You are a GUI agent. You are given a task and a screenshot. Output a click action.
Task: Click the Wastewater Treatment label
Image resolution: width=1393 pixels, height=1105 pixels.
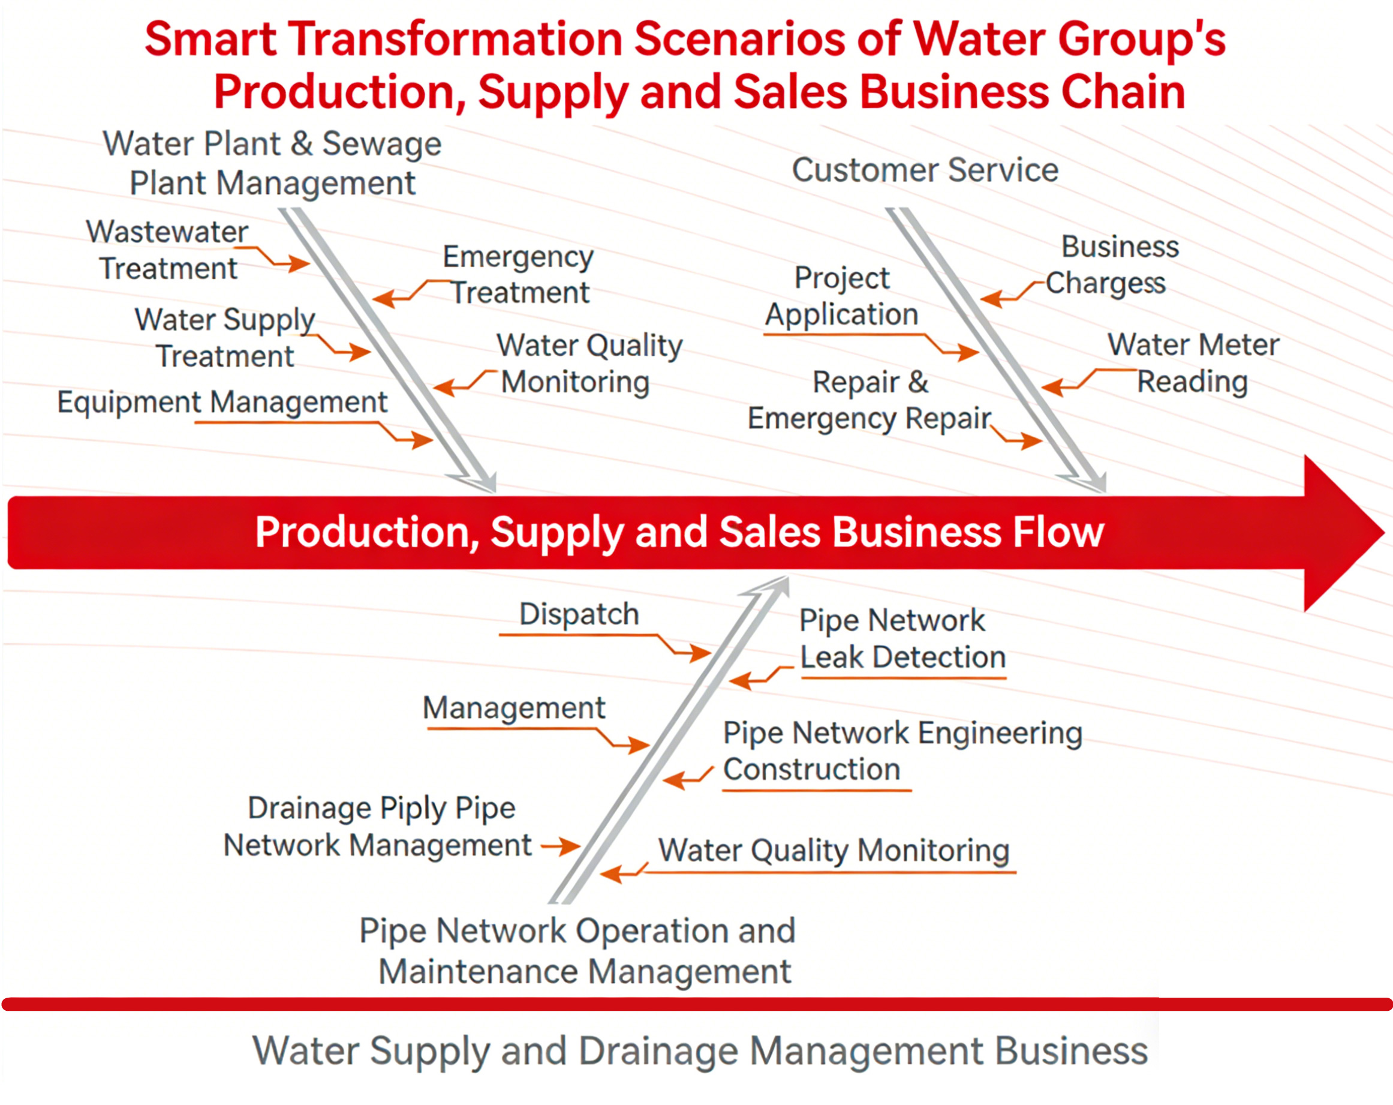click(x=167, y=250)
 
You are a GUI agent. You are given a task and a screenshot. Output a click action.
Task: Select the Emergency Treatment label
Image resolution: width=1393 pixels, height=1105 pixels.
click(x=519, y=275)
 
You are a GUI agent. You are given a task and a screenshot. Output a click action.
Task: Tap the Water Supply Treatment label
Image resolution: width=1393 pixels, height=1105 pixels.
click(x=225, y=338)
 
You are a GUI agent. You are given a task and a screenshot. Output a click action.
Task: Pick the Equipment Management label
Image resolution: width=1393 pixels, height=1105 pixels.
click(x=222, y=403)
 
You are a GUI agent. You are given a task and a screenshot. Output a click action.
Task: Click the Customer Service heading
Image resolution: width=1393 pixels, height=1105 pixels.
click(x=925, y=170)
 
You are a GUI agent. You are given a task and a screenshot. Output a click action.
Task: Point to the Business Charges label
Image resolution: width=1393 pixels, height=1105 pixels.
click(x=1112, y=265)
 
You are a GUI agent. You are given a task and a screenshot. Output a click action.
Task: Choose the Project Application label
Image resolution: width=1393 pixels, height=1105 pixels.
click(x=842, y=296)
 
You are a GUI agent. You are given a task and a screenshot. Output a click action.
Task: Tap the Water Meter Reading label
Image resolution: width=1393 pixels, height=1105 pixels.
click(x=1193, y=363)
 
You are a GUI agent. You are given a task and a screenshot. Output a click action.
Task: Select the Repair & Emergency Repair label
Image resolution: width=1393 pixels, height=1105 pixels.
click(x=870, y=400)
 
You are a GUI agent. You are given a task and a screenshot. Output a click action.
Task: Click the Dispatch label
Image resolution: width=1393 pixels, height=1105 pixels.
click(x=579, y=614)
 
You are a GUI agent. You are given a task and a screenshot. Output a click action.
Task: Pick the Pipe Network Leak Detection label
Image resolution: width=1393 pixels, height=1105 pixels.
click(x=902, y=639)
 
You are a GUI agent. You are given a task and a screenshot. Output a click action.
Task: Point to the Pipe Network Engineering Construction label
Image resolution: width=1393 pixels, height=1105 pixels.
click(x=902, y=751)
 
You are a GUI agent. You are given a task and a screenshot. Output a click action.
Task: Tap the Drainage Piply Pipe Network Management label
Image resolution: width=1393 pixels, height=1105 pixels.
click(x=378, y=827)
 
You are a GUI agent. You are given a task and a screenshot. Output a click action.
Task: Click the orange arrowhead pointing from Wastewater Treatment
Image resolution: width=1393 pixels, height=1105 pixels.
click(x=299, y=263)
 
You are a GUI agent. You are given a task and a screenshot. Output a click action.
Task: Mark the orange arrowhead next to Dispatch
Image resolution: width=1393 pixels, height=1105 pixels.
click(x=700, y=653)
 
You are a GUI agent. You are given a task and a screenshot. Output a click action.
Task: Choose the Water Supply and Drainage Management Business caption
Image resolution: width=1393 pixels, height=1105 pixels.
click(x=700, y=1051)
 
